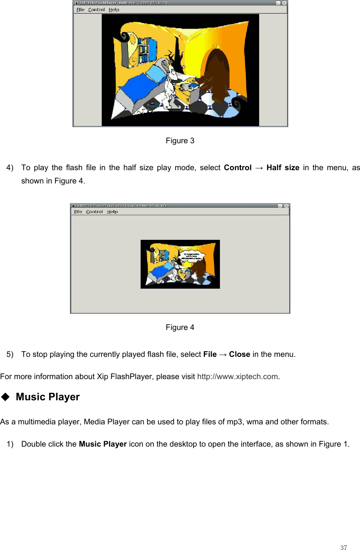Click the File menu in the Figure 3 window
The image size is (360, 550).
pyautogui.click(x=80, y=10)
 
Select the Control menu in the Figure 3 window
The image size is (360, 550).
pyautogui.click(x=96, y=10)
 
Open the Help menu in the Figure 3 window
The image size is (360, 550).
pyautogui.click(x=114, y=10)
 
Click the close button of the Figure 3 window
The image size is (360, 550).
pyautogui.click(x=284, y=3)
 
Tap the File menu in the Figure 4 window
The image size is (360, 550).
pyautogui.click(x=78, y=212)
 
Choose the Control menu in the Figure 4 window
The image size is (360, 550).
pyautogui.click(x=94, y=212)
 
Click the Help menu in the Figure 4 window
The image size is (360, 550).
pyautogui.click(x=112, y=212)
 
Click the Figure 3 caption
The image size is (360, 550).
pyautogui.click(x=180, y=141)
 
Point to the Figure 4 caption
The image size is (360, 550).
pyautogui.click(x=180, y=327)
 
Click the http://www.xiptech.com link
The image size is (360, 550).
pyautogui.click(x=238, y=377)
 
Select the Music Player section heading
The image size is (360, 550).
pyautogui.click(x=48, y=397)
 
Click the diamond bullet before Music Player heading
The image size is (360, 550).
pyautogui.click(x=5, y=397)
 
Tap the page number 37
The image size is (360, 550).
pyautogui.click(x=343, y=547)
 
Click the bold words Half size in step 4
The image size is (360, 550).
pyautogui.click(x=283, y=168)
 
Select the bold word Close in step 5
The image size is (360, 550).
pyautogui.click(x=239, y=354)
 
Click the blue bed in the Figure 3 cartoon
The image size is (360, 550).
pyautogui.click(x=140, y=86)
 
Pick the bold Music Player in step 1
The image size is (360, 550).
pyautogui.click(x=103, y=444)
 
